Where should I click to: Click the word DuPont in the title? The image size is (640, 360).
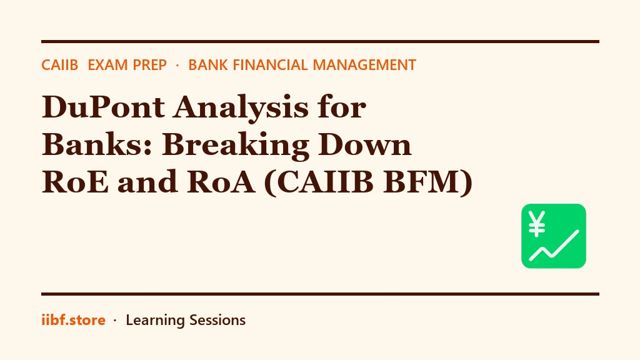pyautogui.click(x=103, y=107)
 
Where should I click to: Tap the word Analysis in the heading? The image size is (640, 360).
pyautogui.click(x=241, y=107)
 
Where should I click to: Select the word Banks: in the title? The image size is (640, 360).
pyautogui.click(x=97, y=144)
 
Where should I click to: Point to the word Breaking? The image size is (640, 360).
pyautogui.click(x=236, y=145)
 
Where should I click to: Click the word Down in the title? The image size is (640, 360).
pyautogui.click(x=365, y=144)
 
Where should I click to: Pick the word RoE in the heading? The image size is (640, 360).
pyautogui.click(x=76, y=182)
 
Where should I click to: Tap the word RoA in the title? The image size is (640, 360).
pyautogui.click(x=221, y=182)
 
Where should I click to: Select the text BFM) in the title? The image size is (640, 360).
pyautogui.click(x=428, y=182)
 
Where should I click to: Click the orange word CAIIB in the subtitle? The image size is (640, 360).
pyautogui.click(x=59, y=65)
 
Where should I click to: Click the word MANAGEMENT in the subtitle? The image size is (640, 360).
pyautogui.click(x=364, y=65)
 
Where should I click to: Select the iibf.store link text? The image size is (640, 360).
pyautogui.click(x=74, y=320)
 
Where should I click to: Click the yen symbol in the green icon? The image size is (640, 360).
pyautogui.click(x=537, y=224)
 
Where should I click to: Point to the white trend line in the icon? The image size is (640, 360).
pyautogui.click(x=554, y=246)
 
